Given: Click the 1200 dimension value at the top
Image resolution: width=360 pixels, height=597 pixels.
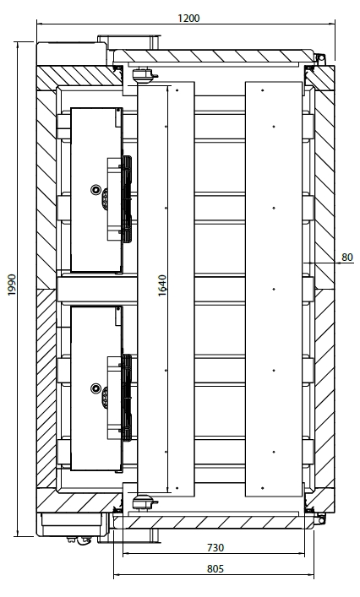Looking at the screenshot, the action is pos(188,18).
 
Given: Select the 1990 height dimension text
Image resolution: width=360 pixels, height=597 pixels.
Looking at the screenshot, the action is pos(12,285).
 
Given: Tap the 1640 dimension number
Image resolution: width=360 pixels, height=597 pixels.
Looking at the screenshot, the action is pos(162,285).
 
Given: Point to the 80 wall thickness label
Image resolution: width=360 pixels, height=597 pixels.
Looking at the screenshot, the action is pos(347,258).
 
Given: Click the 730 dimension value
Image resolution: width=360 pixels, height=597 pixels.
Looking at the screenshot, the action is pos(215,547).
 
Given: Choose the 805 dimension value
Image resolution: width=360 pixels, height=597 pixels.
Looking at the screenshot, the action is pos(215,569).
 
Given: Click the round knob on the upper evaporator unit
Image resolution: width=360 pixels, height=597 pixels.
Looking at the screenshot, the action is pos(95,189).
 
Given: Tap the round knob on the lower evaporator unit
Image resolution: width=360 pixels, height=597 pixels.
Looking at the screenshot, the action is pos(95,388).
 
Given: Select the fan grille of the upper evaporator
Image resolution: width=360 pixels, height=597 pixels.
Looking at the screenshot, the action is pos(127,198).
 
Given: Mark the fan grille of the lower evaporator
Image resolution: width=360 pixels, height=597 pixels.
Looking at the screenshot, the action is pos(127,397).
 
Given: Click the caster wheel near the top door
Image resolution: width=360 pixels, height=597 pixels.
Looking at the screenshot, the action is pos(143,74).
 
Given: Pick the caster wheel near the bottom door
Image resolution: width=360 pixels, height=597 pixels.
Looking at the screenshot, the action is pos(143,502).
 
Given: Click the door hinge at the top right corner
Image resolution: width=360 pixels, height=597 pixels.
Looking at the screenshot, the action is pos(320,58).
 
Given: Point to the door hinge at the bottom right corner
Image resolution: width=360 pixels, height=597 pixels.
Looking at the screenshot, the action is pos(320,518).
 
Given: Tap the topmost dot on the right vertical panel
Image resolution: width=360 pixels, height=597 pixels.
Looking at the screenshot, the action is pos(263,90).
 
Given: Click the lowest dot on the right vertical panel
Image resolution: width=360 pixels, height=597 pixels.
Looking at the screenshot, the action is pos(263,488).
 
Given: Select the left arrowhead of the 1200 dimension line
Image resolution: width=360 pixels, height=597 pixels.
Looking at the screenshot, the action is pos(39,24).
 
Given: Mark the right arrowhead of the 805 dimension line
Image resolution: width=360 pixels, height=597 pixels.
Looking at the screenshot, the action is pos(312,574).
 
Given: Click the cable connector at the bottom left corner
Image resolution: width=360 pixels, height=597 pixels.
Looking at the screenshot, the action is pos(79,540).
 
